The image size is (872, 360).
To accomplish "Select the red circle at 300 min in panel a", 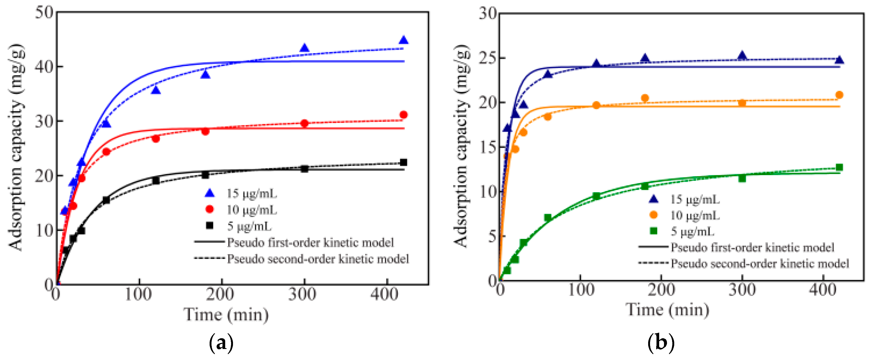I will tap(304, 123).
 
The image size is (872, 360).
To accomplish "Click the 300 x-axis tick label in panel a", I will tap(302, 294).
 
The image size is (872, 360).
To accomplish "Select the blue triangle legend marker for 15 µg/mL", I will tap(210, 193).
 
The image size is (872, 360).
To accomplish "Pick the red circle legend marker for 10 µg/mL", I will tap(210, 210).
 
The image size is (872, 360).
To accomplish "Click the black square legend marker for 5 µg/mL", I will tap(210, 225).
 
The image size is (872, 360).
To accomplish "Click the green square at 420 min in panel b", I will tap(839, 167).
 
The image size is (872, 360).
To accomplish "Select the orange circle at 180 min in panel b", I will tap(645, 98).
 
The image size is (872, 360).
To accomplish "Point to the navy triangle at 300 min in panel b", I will tap(742, 56).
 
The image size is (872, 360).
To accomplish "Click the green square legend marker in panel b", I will tap(654, 231).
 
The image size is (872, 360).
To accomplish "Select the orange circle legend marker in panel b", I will tap(654, 215).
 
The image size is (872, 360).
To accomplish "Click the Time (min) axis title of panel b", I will tap(667, 309).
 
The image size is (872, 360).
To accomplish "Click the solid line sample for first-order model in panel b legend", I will tap(653, 247).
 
